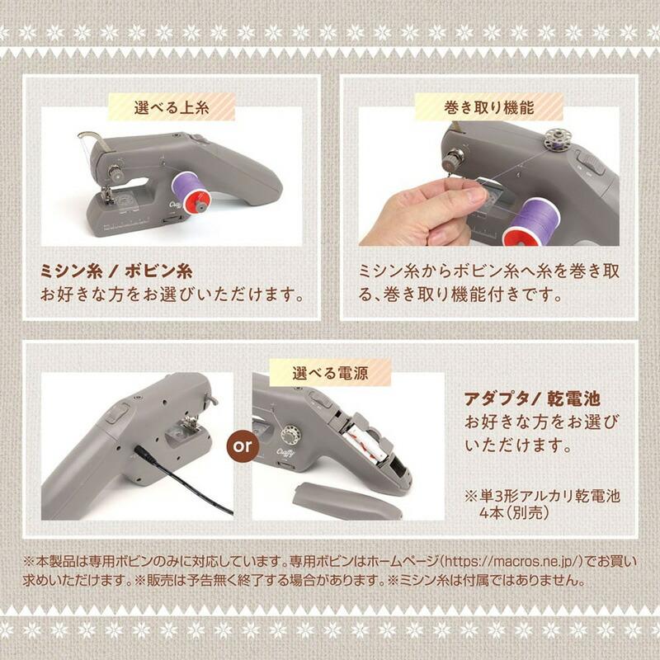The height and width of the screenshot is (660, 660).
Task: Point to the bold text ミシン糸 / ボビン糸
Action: [x=118, y=271]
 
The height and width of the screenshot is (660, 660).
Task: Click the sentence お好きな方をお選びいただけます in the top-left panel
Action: [x=172, y=294]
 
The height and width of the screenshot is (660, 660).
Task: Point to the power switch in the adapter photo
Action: [x=115, y=410]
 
